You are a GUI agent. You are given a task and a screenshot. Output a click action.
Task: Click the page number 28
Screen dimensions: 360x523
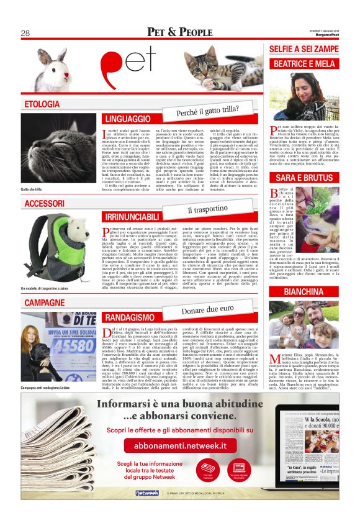tap(25, 33)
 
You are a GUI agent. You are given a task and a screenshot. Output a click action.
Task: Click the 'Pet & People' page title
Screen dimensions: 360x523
tap(180, 32)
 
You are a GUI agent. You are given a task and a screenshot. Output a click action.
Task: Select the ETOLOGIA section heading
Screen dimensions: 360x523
tap(42, 104)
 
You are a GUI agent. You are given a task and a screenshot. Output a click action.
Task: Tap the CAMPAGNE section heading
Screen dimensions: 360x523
tap(45, 302)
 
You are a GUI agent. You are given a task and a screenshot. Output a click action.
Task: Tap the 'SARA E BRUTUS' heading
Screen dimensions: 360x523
tap(304, 177)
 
